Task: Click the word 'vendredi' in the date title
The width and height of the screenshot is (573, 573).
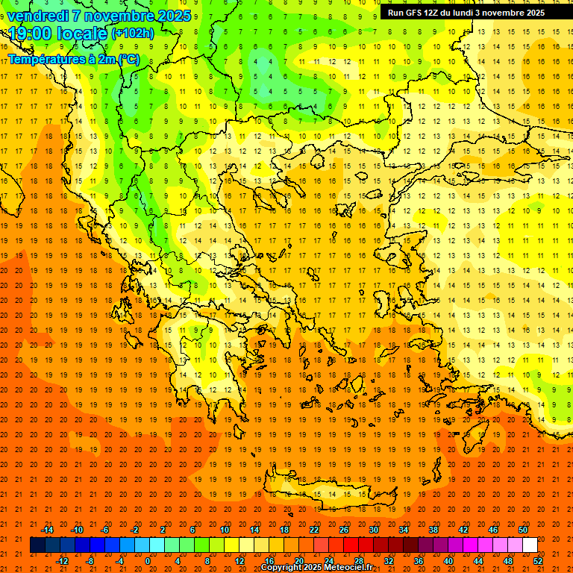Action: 39,16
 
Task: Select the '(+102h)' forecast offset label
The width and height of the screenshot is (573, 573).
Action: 133,34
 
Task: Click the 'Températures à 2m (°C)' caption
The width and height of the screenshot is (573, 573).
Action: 73,59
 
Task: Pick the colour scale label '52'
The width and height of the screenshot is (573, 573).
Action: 538,561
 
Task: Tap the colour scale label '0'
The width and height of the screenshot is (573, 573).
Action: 148,561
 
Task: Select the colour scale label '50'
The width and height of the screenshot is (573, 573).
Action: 523,530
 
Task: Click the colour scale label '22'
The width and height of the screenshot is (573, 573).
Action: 314,530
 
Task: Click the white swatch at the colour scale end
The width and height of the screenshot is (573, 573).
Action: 530,545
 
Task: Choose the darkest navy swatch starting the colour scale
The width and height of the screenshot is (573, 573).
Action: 37,545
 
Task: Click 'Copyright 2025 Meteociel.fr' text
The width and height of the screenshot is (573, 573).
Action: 316,568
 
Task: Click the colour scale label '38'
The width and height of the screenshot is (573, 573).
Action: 433,530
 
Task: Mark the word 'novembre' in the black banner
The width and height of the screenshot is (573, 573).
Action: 504,13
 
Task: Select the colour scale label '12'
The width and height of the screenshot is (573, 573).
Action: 239,561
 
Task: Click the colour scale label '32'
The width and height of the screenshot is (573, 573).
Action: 389,561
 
